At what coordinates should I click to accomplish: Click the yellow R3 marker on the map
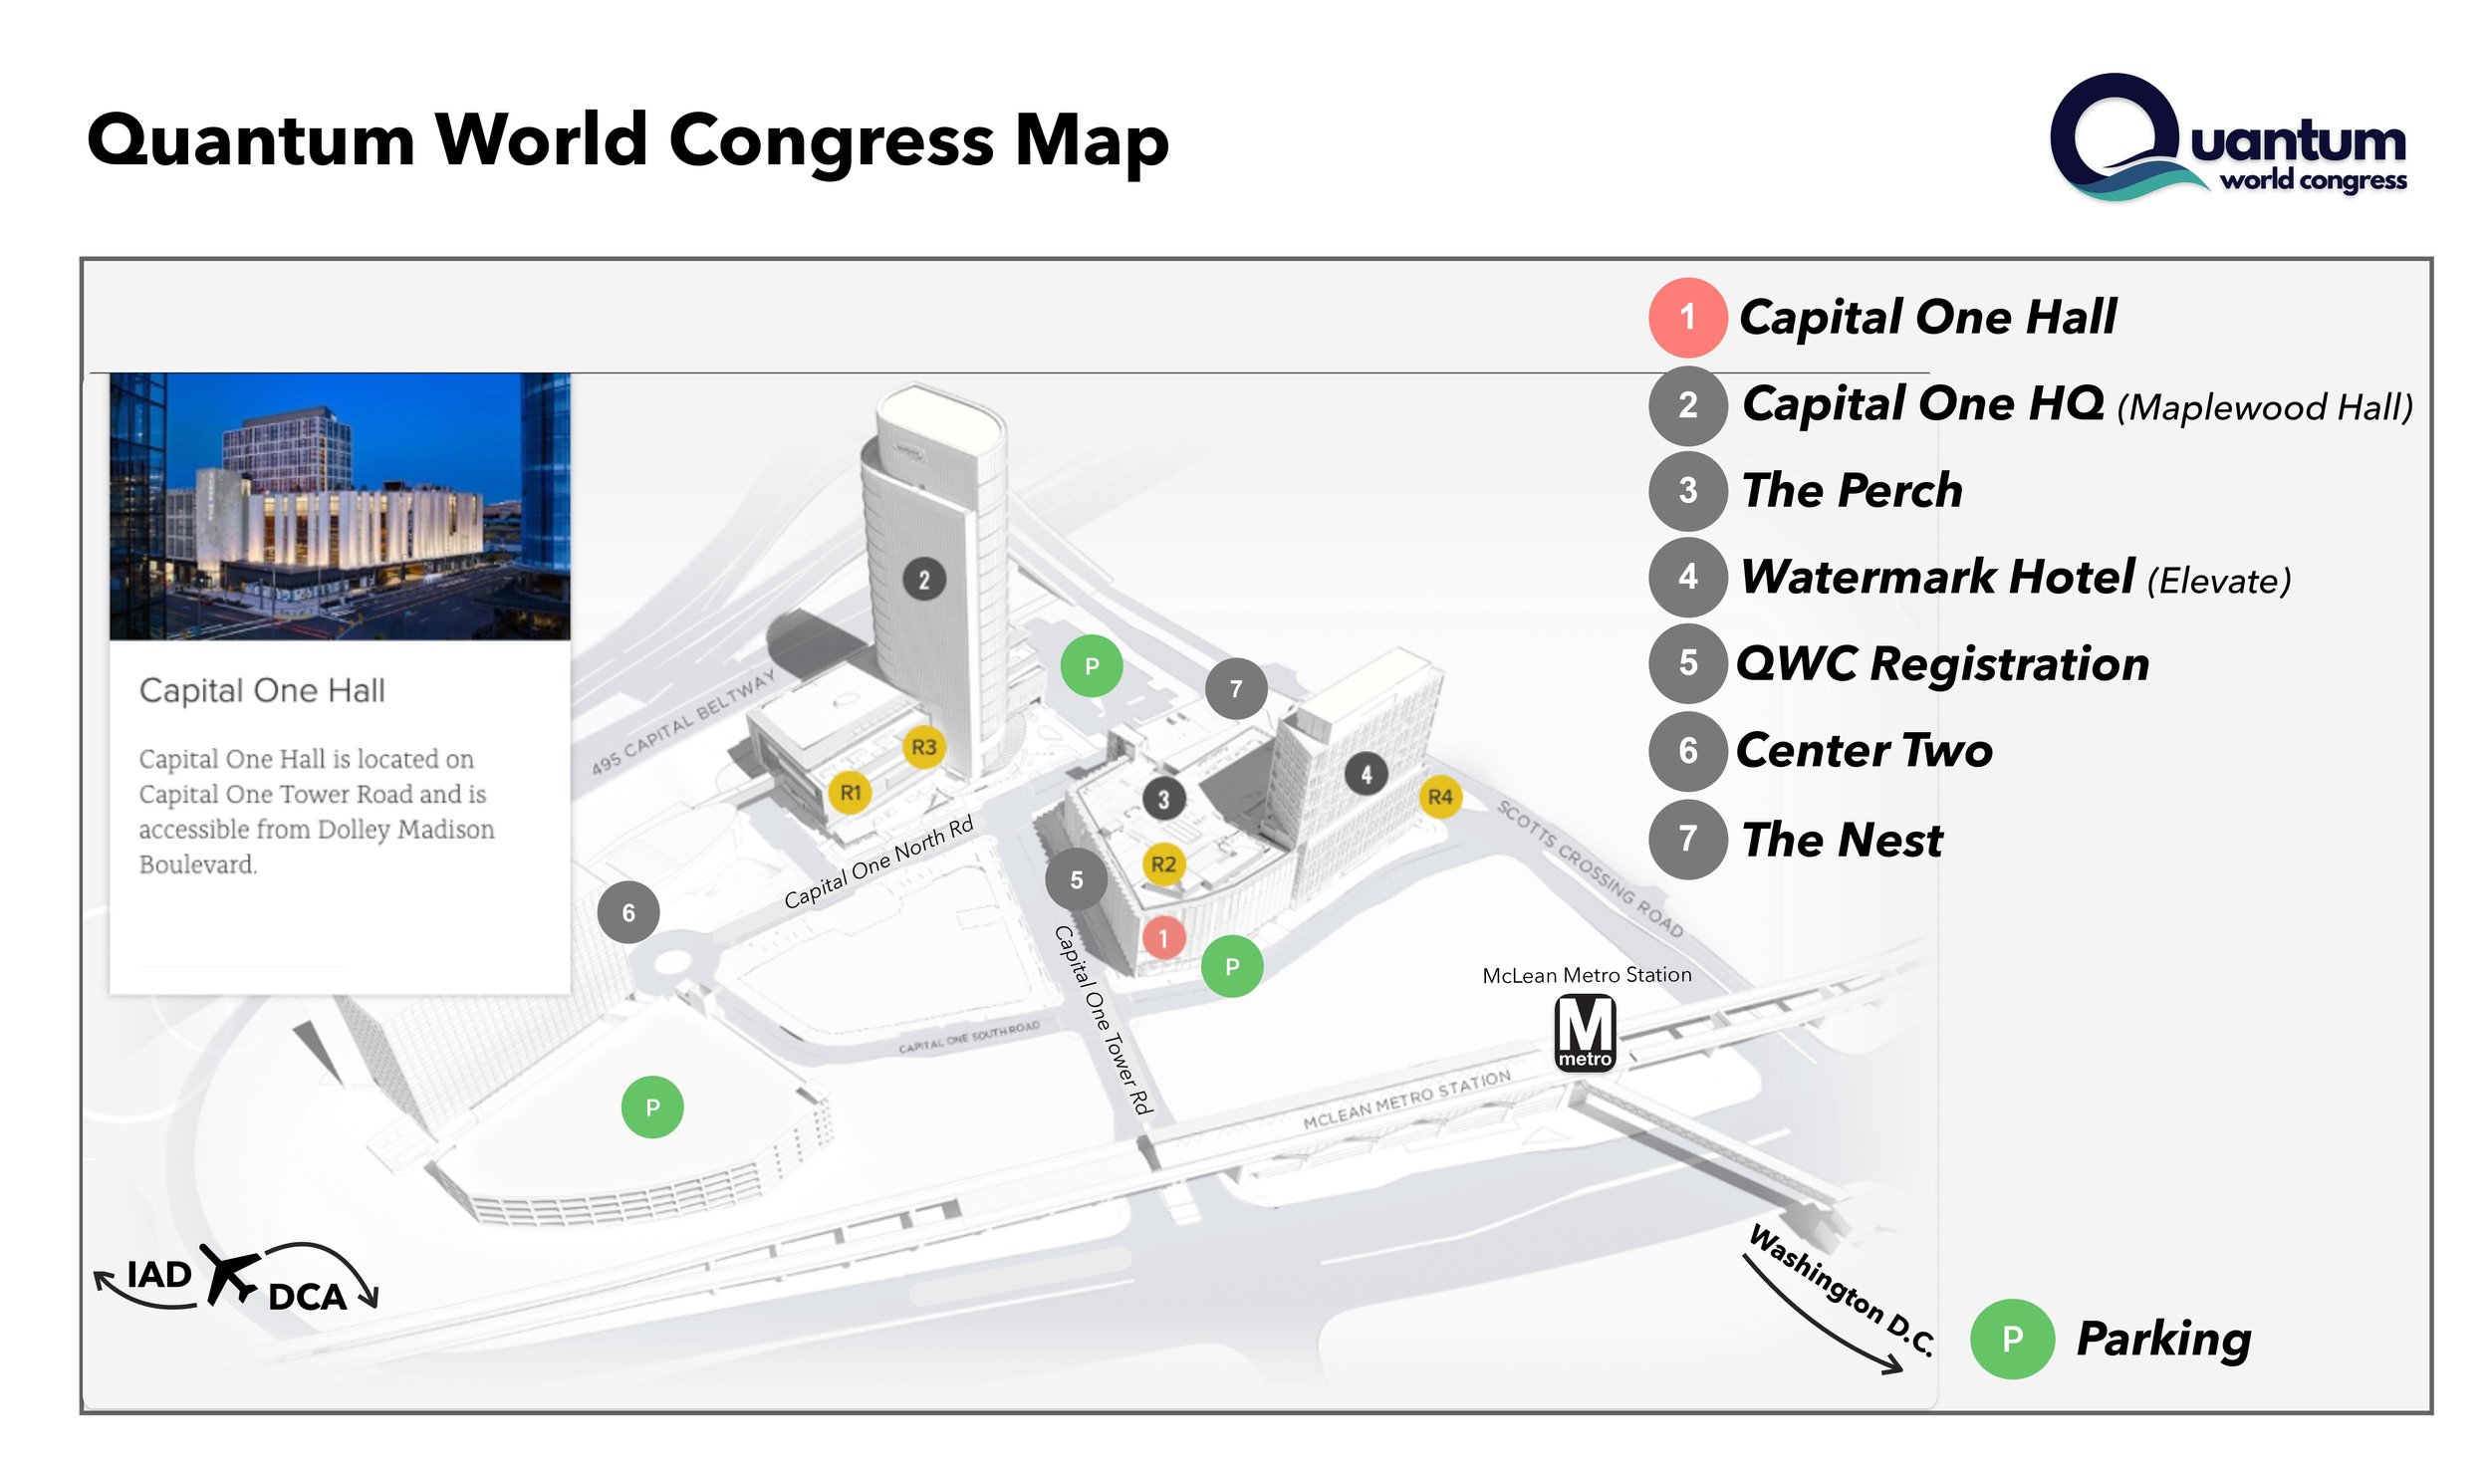point(923,746)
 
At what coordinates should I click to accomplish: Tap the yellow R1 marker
point(850,793)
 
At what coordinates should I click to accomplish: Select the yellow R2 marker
point(1162,863)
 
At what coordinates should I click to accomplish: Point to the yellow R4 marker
point(1439,797)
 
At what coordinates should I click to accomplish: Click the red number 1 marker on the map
point(1162,937)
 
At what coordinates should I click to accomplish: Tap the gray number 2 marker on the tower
point(924,580)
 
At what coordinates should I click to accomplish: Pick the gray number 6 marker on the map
point(627,911)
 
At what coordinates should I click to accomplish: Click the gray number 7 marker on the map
point(1235,688)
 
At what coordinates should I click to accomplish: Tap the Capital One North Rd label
point(877,862)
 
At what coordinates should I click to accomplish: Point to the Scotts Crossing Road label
point(1590,868)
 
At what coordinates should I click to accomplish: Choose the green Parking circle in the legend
point(2012,1339)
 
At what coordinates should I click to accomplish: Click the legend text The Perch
point(1852,490)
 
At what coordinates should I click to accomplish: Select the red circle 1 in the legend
point(1687,318)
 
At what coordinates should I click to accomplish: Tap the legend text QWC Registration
point(1942,663)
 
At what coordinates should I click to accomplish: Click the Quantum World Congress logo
point(2228,137)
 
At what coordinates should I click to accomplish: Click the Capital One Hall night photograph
point(340,506)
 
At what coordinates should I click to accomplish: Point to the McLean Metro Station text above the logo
point(1587,975)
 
